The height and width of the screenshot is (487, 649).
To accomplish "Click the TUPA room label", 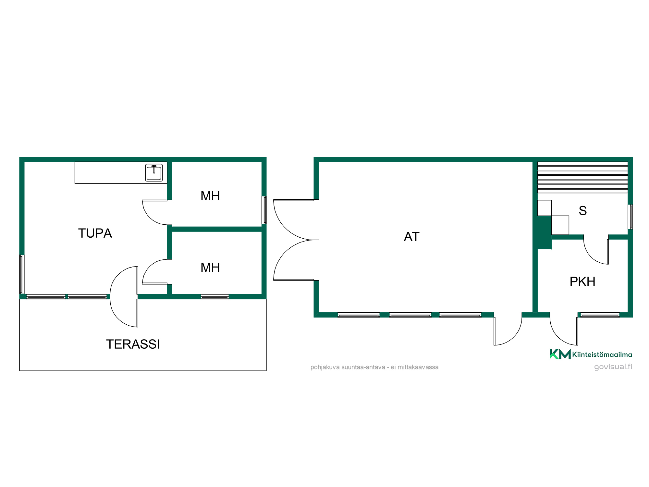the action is point(95,233).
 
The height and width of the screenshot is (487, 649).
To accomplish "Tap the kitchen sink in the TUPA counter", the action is point(154,172).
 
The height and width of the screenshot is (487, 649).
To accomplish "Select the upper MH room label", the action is point(210,196).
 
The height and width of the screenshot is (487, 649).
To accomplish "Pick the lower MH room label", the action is point(210,268).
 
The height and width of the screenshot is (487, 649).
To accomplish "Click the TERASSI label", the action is point(133,344).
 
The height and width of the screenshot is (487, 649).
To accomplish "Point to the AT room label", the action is point(412,237).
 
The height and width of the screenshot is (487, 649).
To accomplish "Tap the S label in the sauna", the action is point(583,211).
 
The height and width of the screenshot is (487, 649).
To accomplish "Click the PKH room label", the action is point(582,281).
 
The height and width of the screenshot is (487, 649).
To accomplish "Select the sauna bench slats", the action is point(582,177).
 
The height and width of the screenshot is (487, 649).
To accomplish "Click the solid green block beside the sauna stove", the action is point(545,232).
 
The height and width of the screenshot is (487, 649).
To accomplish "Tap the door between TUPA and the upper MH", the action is point(155,212).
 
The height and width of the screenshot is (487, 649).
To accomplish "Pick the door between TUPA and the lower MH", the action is point(155,272).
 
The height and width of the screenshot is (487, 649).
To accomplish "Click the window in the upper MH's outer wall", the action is point(264,210).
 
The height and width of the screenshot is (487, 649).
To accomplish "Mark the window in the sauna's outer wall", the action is point(630,217).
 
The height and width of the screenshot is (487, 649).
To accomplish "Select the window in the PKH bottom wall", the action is point(600,315).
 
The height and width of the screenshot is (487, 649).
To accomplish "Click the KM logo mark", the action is point(560,354).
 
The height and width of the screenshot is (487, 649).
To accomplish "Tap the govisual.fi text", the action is point(613,367).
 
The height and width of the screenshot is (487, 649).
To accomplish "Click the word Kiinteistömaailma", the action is point(602,355).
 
